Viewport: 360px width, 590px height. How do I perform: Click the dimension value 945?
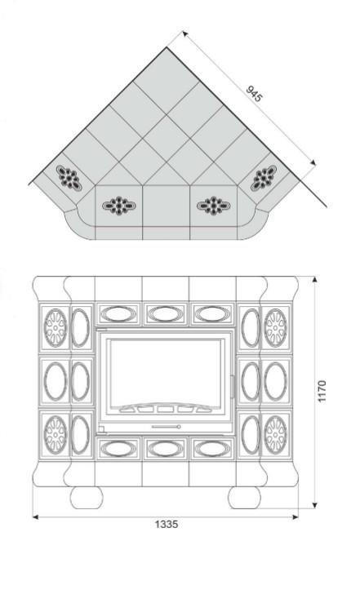[x=254, y=94]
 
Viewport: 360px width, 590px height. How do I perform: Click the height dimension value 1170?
[x=322, y=392]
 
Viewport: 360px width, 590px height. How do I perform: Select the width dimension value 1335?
[x=166, y=524]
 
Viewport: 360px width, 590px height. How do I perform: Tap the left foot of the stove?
[x=87, y=498]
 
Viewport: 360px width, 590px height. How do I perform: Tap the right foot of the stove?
[x=244, y=498]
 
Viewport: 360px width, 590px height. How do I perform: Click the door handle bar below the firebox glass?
[x=166, y=427]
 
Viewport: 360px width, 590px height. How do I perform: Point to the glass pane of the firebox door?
[x=165, y=372]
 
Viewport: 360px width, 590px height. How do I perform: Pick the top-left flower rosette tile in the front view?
[x=56, y=328]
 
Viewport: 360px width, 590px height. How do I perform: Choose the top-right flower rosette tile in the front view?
[x=275, y=328]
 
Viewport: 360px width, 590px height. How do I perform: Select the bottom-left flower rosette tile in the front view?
[x=56, y=435]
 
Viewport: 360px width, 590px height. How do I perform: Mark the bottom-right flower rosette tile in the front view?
[x=275, y=435]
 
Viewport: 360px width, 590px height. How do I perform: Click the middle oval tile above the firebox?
[x=166, y=314]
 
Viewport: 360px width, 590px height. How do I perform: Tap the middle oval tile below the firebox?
[x=166, y=448]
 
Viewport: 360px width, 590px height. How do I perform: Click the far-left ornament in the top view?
[x=69, y=179]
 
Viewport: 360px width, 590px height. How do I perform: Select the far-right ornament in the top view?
[x=264, y=179]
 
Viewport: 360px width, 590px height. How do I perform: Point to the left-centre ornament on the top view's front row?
[x=118, y=206]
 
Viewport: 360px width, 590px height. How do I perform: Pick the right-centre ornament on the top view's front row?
[x=214, y=206]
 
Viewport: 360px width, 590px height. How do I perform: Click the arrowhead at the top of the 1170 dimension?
[x=315, y=279]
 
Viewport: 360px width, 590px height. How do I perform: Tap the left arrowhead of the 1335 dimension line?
[x=36, y=517]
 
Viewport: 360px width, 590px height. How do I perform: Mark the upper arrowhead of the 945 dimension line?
[x=184, y=33]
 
